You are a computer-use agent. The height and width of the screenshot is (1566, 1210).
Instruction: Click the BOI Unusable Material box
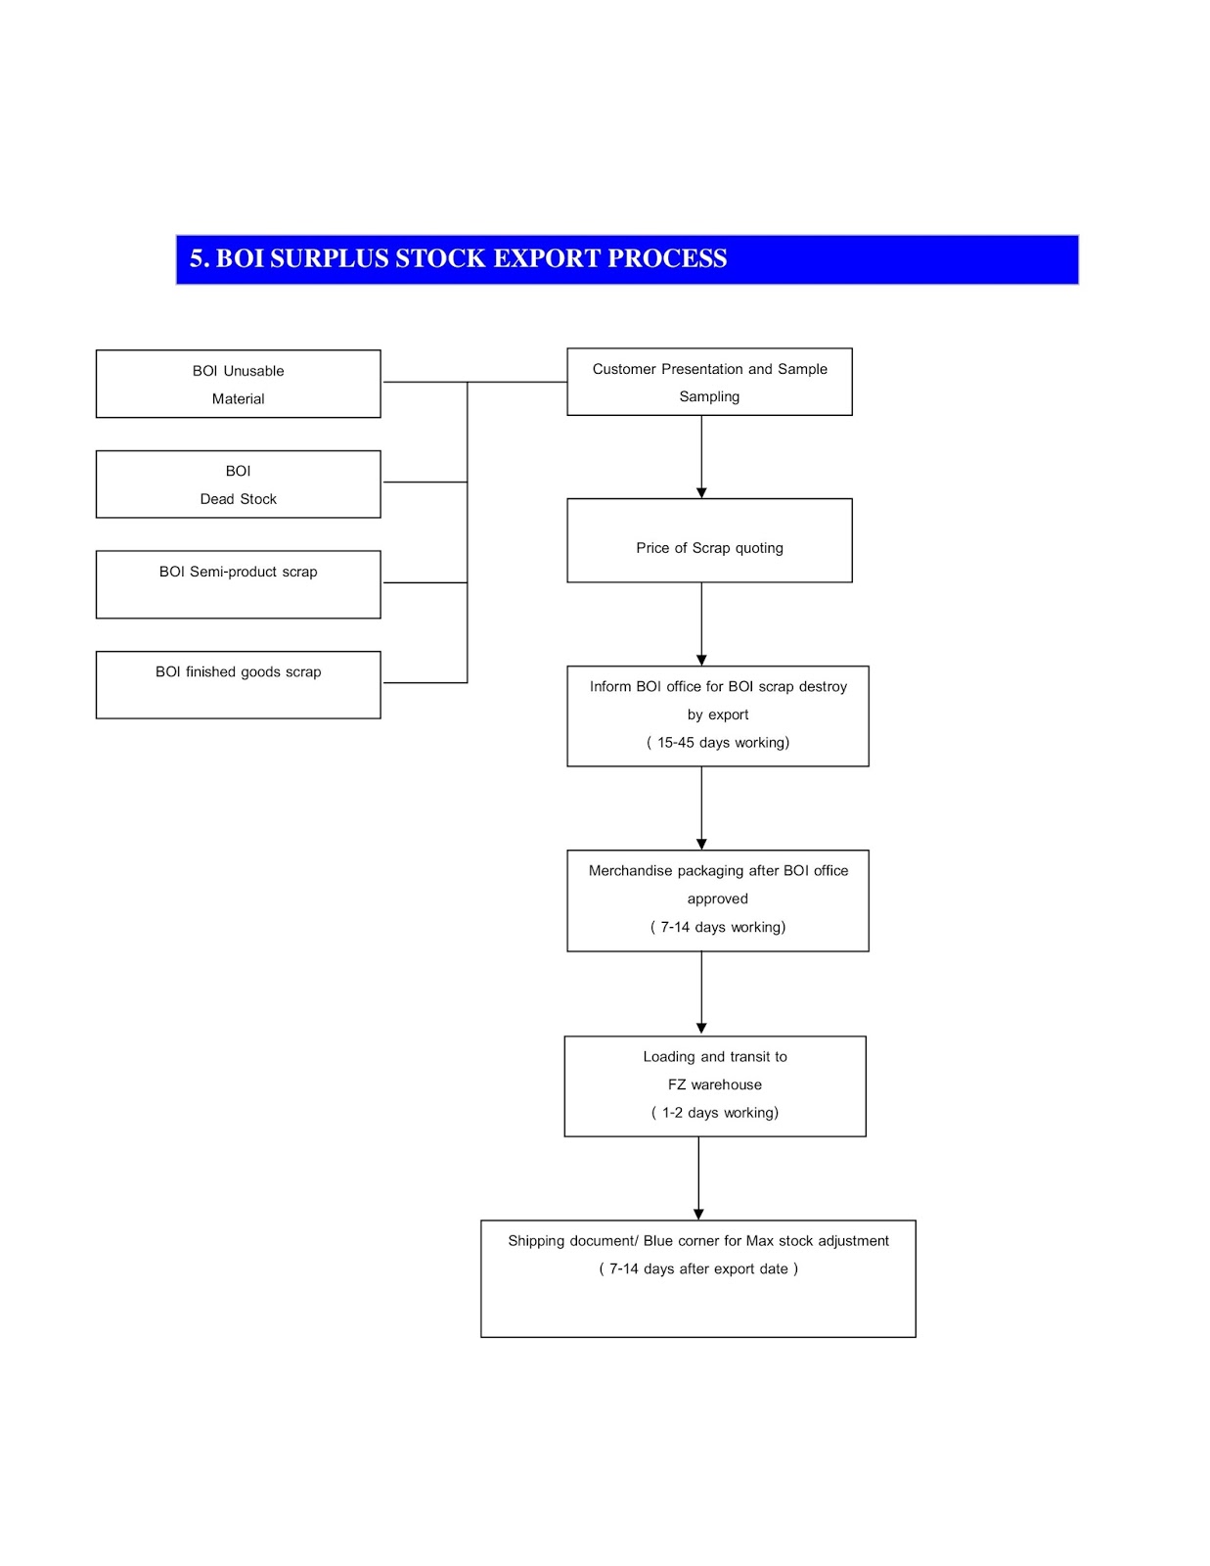coord(238,384)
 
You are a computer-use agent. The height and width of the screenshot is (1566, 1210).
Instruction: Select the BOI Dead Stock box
coord(238,484)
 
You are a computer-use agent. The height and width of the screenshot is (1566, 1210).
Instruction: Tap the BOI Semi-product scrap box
coord(238,584)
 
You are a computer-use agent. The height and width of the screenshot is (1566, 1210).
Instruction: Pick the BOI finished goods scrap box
coord(238,684)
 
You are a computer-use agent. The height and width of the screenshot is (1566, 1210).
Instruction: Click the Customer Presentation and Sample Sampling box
coord(709,382)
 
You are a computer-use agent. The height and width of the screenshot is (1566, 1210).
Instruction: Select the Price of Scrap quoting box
coord(709,541)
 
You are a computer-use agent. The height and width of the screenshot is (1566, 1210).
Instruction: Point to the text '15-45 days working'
coord(718,743)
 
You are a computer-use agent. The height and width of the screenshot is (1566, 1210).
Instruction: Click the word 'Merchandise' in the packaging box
coord(630,871)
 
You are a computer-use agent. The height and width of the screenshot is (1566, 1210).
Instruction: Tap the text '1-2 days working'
coord(715,1113)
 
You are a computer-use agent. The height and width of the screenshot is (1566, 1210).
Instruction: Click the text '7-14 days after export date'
coord(698,1269)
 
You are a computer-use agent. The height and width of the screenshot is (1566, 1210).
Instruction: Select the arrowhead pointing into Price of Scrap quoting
coord(701,492)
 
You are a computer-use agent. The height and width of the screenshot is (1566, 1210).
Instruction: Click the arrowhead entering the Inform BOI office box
coord(701,660)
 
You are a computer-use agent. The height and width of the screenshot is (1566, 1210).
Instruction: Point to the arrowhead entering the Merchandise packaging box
coord(701,844)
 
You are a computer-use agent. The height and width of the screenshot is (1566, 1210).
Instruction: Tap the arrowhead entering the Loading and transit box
coord(701,1029)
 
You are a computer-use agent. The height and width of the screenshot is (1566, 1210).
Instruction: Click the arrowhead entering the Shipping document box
coord(698,1214)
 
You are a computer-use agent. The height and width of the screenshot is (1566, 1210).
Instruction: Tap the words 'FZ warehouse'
coord(715,1084)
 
